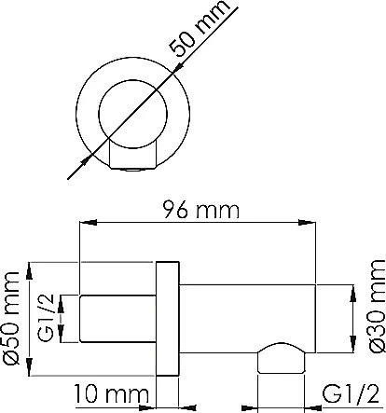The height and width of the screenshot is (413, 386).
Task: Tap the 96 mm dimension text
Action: (201, 210)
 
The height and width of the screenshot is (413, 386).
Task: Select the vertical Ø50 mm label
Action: (11, 318)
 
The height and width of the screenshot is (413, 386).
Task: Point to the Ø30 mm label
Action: (377, 306)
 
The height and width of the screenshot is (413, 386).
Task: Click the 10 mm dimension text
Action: (111, 394)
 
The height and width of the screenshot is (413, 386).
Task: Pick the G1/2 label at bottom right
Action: (351, 394)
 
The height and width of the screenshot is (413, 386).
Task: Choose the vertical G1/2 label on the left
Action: (47, 318)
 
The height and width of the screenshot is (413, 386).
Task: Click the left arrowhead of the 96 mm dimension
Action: (89, 223)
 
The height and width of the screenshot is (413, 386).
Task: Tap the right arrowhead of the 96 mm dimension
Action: (307, 223)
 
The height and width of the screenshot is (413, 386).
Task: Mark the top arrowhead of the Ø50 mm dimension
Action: (30, 271)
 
